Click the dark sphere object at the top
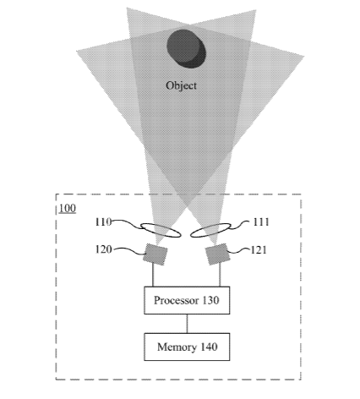(x=186, y=49)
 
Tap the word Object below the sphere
(x=181, y=85)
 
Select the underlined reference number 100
(x=68, y=209)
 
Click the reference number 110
(x=103, y=222)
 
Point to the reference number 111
(x=261, y=222)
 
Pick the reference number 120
(x=104, y=249)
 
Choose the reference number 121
(x=259, y=250)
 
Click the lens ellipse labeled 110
(x=161, y=230)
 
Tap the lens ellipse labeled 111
(x=210, y=230)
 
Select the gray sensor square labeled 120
(x=155, y=254)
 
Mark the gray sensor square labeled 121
(x=217, y=254)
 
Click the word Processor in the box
(x=172, y=300)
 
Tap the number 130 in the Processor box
(x=210, y=300)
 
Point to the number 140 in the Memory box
(x=209, y=347)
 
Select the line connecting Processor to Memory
(x=187, y=324)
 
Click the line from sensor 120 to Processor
(x=153, y=276)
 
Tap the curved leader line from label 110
(x=128, y=224)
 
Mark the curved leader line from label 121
(x=240, y=250)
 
